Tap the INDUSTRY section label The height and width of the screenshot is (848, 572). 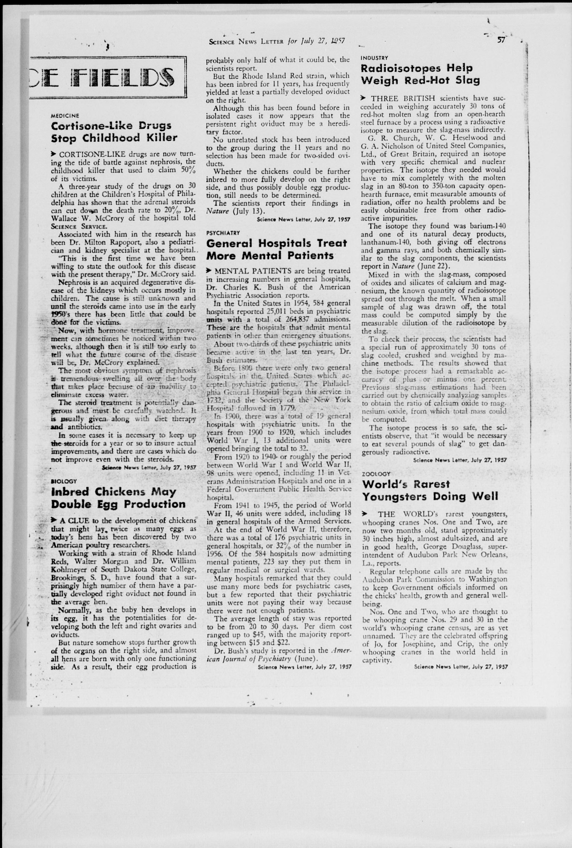pyautogui.click(x=374, y=58)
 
